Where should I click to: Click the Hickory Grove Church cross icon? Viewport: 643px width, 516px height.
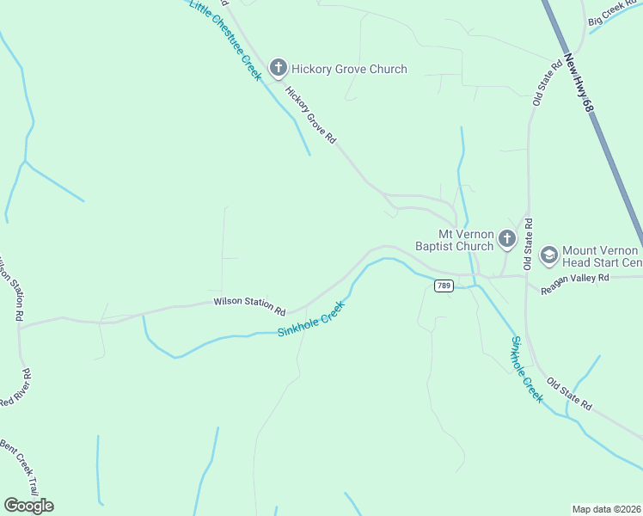[278, 67]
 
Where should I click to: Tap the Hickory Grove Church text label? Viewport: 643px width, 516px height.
[349, 69]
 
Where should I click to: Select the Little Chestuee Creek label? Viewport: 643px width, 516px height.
[224, 40]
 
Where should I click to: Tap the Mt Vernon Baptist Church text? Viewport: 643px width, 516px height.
[466, 240]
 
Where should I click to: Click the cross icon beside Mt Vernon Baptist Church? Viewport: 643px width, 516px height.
[507, 238]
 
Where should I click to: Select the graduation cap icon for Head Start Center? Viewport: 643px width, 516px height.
[548, 255]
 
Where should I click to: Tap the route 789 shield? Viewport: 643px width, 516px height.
[444, 286]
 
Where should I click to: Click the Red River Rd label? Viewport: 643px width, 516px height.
[17, 390]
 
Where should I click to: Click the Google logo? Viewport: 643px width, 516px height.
[28, 505]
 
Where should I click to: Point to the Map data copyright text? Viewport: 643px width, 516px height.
[606, 509]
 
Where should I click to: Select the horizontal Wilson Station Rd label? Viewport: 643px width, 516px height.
[249, 304]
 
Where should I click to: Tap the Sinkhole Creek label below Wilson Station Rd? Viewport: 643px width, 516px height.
[311, 319]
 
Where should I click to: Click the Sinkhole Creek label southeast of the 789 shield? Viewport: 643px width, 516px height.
[527, 369]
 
